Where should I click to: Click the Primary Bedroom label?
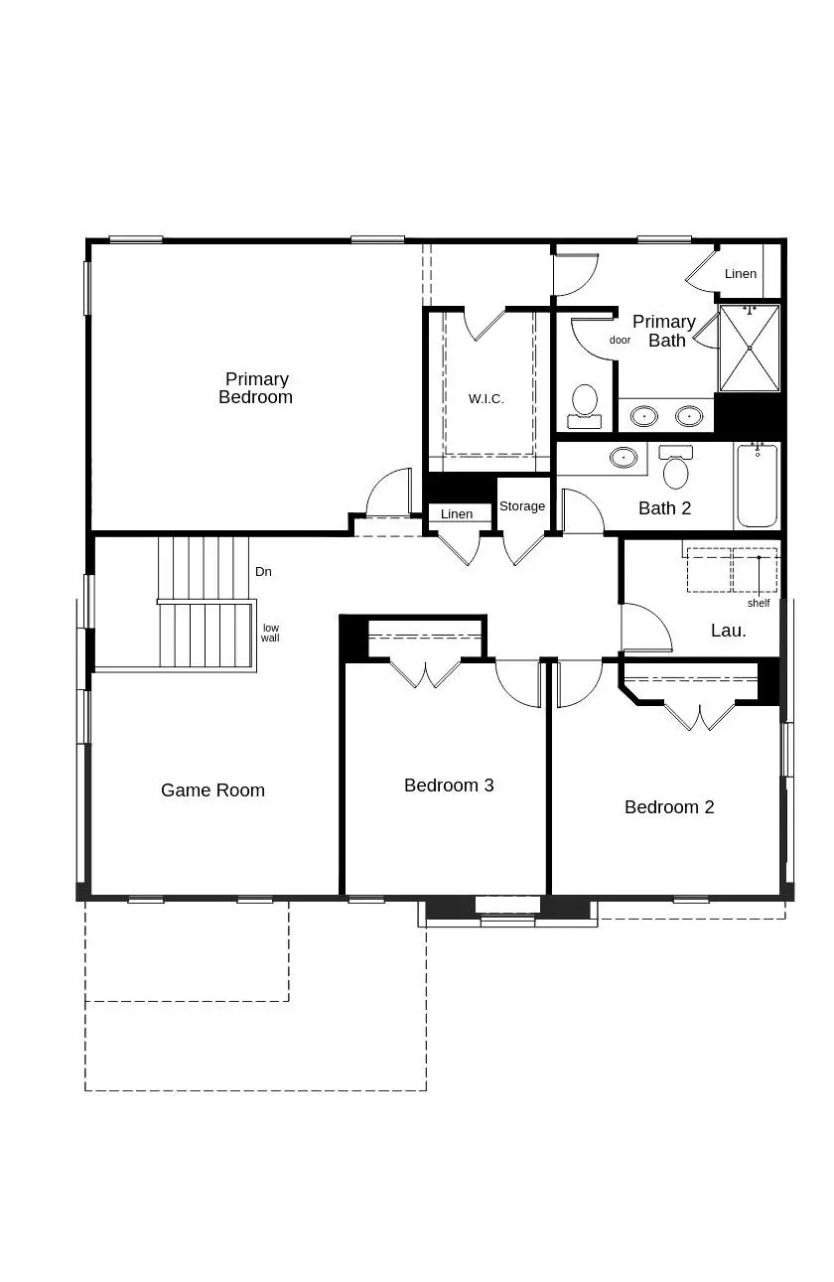coord(255,388)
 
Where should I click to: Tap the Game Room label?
coord(212,790)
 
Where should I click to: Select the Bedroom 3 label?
coord(449,785)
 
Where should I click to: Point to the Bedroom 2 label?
coord(669,807)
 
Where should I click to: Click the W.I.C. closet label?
coord(486,399)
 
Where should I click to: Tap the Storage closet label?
coord(522,505)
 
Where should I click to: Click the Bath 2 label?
coord(664,508)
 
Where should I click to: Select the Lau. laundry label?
coord(728,631)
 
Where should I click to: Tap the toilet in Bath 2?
coord(676,467)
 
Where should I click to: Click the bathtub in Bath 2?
coord(757,486)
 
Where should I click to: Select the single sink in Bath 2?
coord(624,457)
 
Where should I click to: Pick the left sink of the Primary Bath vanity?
coord(644,415)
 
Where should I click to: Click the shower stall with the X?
coord(750,348)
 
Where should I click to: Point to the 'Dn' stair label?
coord(263,572)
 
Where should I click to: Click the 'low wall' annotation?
coord(270,633)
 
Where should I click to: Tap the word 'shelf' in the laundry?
coord(759,603)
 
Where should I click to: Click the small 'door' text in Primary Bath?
coord(620,340)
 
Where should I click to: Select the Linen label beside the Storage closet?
coord(457,514)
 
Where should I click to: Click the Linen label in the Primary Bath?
coord(741,273)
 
